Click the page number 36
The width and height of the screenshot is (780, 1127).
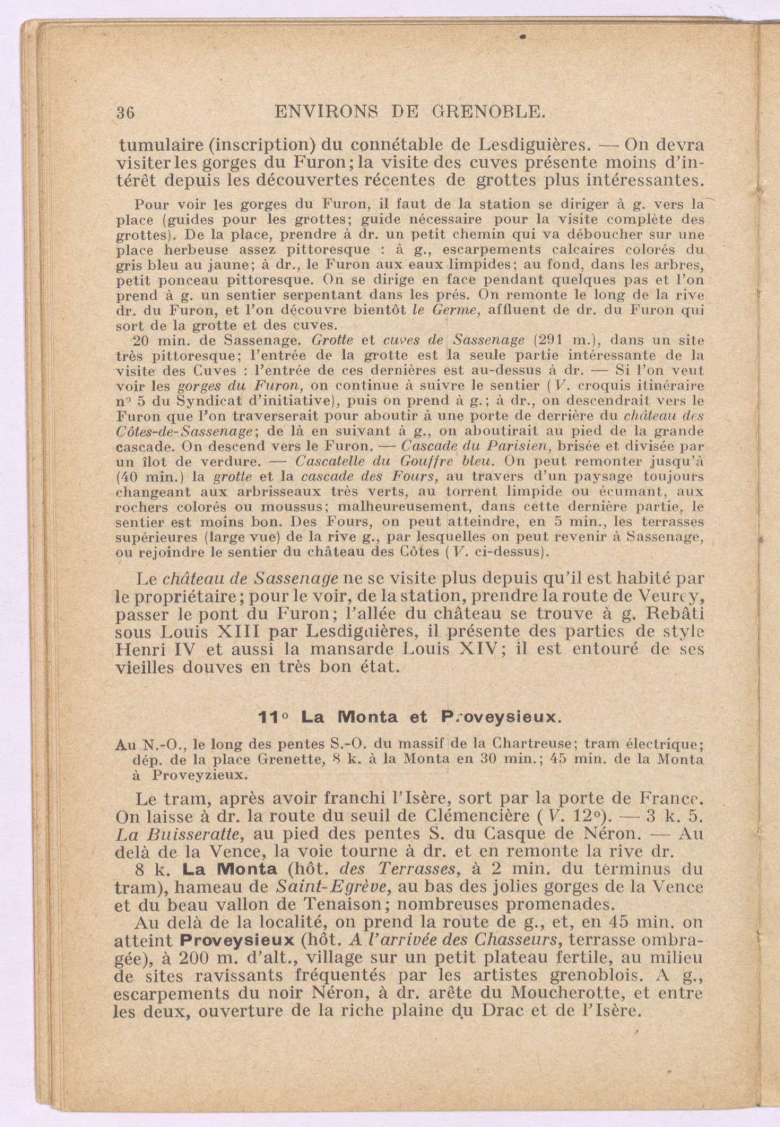125,112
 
